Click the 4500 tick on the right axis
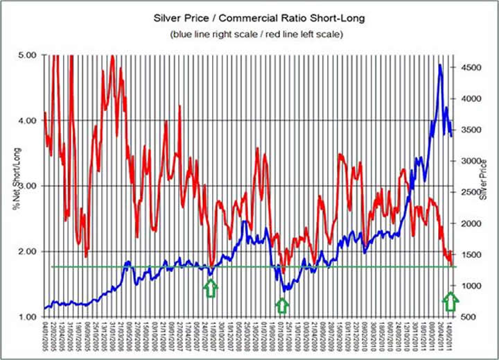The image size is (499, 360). click(471, 67)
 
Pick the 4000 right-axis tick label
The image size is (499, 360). click(471, 98)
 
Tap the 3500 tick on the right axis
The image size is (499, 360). click(471, 130)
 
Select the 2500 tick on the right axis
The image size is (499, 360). click(471, 192)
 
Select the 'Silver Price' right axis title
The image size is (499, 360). click(484, 179)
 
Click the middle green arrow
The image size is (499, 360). click(281, 305)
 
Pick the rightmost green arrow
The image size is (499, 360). click(450, 300)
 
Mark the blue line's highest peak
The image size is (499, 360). click(440, 66)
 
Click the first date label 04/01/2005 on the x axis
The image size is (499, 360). click(45, 338)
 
